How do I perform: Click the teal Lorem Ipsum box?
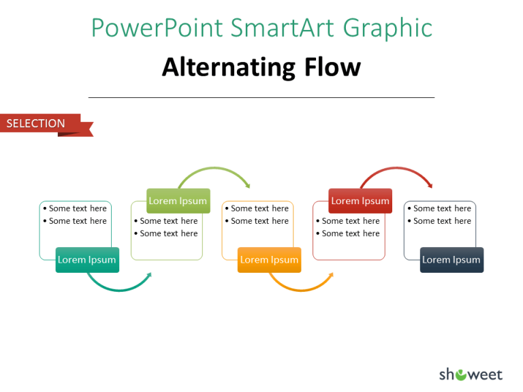(x=87, y=260)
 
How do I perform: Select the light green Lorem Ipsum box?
(x=178, y=201)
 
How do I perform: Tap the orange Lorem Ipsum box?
(x=269, y=260)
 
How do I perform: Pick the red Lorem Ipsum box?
(x=360, y=201)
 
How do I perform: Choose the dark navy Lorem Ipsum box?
(x=451, y=260)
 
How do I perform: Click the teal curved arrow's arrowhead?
(x=148, y=276)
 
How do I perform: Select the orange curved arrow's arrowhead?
(x=330, y=276)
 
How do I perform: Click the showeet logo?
(x=470, y=374)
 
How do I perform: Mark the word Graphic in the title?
(x=387, y=29)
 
